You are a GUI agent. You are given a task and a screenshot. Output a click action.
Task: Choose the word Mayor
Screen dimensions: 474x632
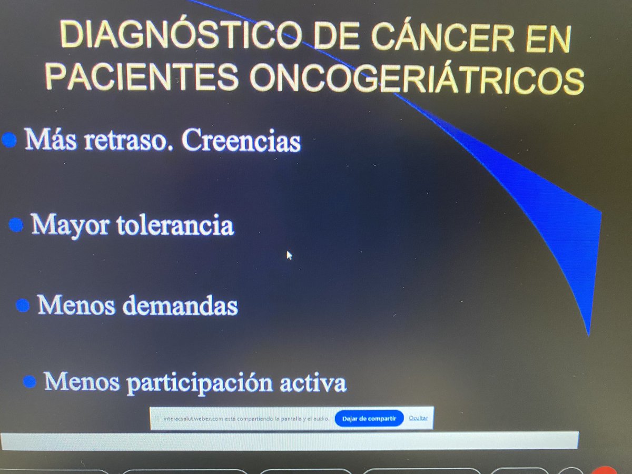[71, 225]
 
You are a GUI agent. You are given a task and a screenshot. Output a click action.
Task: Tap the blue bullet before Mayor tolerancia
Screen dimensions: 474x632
[16, 225]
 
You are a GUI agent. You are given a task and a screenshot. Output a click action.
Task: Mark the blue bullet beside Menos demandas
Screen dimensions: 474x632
[23, 305]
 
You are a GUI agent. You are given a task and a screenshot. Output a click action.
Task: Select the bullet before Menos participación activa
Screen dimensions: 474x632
[30, 381]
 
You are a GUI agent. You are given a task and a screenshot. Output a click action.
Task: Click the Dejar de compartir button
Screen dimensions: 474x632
[369, 418]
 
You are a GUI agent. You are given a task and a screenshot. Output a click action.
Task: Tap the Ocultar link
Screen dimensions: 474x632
[418, 418]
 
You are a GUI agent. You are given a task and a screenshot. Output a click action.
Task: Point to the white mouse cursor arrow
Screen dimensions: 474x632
[289, 255]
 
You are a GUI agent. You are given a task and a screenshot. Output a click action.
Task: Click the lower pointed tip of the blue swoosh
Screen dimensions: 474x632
[588, 333]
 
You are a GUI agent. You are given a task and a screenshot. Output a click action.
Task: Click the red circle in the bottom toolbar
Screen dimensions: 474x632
[606, 470]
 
